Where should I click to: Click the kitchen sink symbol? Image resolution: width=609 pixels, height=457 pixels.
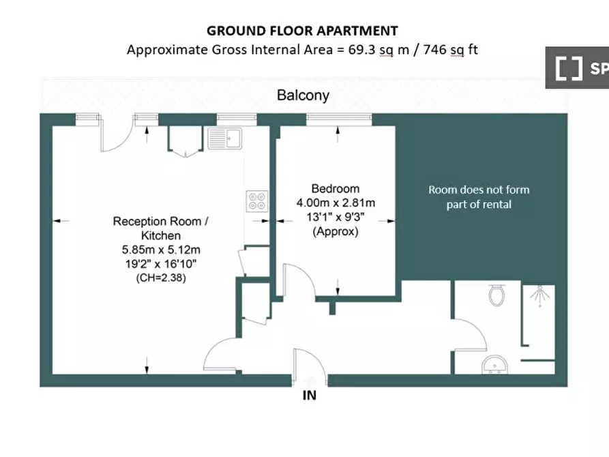[225, 138]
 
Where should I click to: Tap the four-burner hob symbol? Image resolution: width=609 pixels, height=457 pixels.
[257, 201]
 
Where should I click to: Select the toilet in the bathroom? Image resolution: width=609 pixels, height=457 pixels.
[496, 295]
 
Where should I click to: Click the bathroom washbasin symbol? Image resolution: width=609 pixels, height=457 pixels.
[495, 365]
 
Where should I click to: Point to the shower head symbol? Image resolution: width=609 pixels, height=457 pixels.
[540, 295]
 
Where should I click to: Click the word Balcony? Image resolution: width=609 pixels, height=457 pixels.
[303, 95]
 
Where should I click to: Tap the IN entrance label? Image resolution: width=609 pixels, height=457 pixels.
[310, 396]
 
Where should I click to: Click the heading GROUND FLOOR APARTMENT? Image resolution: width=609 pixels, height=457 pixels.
[302, 31]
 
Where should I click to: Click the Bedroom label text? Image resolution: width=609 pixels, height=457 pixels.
[335, 189]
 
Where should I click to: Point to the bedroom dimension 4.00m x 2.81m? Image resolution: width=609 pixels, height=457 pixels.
[336, 203]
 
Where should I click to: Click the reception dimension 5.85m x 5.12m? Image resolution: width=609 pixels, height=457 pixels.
[161, 250]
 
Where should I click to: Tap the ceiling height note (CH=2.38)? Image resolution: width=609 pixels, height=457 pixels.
[161, 278]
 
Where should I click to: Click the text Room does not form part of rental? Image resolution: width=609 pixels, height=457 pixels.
[479, 197]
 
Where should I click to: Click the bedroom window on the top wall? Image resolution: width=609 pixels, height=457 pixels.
[339, 119]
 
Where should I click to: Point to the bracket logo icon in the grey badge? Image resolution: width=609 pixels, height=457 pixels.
[569, 68]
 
